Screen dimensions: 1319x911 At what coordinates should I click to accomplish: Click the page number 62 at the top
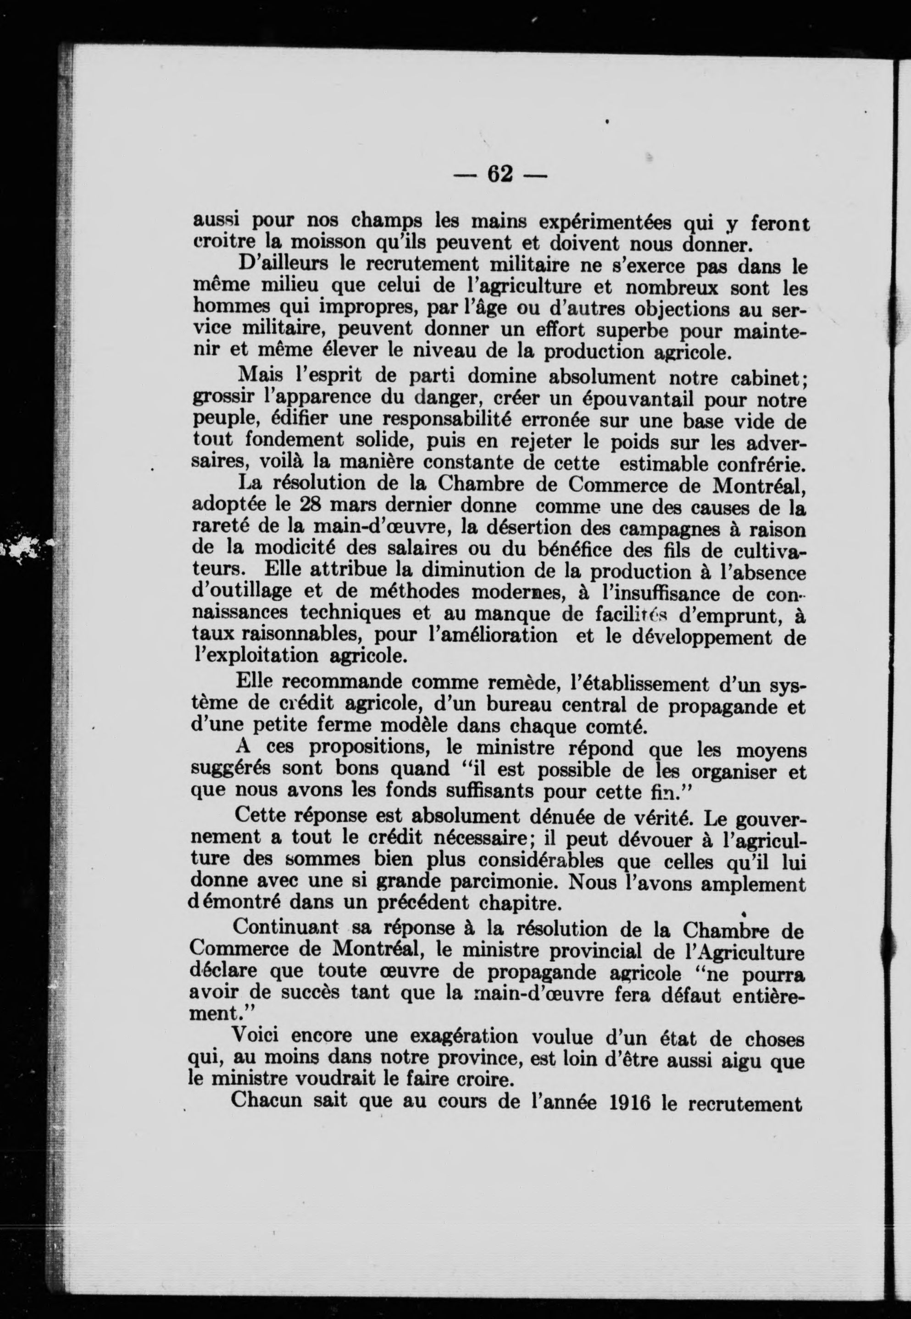click(500, 173)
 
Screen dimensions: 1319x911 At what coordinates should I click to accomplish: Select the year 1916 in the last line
click(630, 1102)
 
